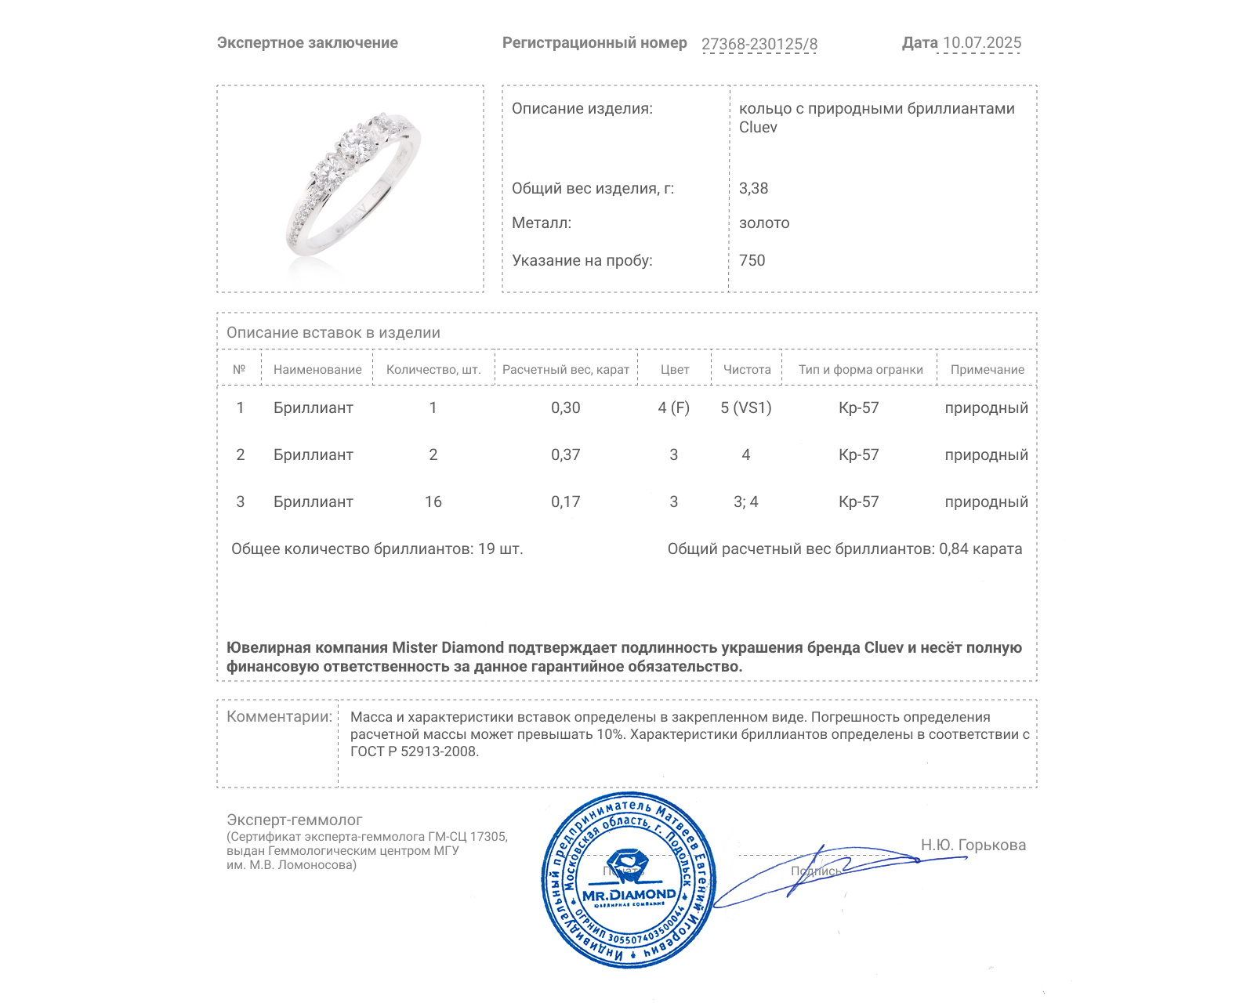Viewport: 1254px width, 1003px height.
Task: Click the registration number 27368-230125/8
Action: point(759,44)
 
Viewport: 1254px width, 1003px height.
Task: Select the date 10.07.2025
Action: point(981,43)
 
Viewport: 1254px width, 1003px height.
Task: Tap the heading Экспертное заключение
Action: point(307,43)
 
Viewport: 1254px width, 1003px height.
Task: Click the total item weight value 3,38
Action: point(753,188)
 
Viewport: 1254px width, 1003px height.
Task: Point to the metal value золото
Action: point(764,223)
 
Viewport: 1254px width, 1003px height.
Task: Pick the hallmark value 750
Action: point(752,260)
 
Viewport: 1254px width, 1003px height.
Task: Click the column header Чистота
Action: point(747,370)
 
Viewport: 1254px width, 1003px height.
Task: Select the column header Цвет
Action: point(674,370)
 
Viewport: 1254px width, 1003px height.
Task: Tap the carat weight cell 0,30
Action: point(565,407)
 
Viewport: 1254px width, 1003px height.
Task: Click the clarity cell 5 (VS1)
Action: point(746,407)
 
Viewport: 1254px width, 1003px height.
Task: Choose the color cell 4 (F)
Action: point(674,407)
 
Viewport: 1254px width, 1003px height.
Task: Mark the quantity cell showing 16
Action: point(433,501)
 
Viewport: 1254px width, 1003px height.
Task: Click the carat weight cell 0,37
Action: point(565,454)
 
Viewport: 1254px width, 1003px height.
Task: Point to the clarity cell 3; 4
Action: point(746,501)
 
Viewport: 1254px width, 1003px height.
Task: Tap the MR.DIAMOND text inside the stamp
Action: point(629,895)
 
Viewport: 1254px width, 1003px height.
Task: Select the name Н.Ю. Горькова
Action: point(973,845)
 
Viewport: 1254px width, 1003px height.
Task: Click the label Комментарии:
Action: point(279,717)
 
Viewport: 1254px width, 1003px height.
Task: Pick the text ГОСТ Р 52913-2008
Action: point(413,751)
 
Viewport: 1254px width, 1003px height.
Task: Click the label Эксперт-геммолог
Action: point(295,820)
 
